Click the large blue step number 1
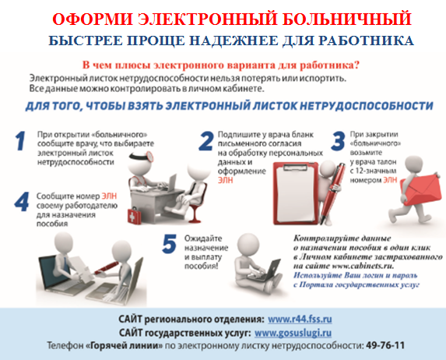point(20,141)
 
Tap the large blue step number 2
point(206,141)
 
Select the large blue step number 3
point(339,141)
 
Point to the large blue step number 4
point(22,202)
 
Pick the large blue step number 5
point(169,244)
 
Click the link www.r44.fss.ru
point(300,319)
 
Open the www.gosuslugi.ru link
point(293,333)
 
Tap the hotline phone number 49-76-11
point(385,345)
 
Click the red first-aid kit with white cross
point(132,217)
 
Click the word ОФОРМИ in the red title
point(93,19)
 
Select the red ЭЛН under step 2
point(225,180)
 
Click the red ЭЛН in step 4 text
point(109,196)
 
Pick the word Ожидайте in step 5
point(203,238)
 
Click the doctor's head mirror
point(150,156)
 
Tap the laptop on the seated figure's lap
point(265,270)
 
